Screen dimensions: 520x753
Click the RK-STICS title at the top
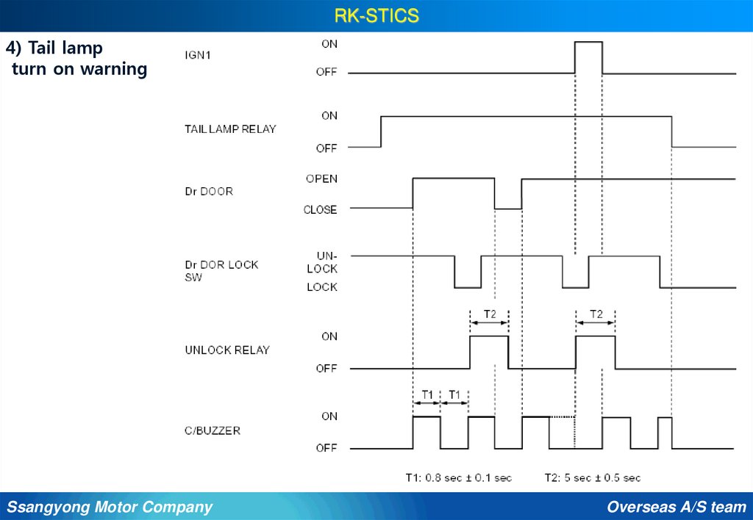376,15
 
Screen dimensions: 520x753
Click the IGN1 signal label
198,54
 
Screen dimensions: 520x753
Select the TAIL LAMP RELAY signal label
230,129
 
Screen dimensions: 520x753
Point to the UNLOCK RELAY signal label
227,350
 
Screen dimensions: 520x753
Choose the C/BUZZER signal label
213,430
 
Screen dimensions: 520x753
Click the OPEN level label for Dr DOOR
321,178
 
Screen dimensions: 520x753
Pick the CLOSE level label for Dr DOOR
320,210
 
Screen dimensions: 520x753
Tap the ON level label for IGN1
329,44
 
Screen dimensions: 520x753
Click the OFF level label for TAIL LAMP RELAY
326,148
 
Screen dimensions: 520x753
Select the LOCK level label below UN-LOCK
322,287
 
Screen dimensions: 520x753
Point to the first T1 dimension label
427,394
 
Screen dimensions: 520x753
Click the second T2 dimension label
596,314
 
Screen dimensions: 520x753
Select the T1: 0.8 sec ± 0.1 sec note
458,477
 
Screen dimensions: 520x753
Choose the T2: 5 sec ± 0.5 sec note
592,477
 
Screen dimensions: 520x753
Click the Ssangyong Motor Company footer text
110,507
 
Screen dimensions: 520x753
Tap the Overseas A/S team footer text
677,507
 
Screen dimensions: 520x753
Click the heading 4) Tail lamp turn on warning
76,59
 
